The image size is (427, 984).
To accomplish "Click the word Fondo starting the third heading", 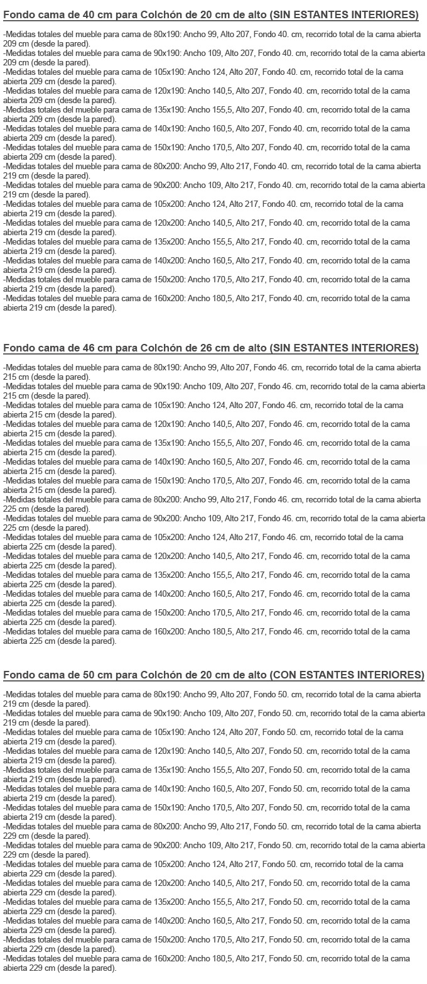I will click(18, 675).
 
